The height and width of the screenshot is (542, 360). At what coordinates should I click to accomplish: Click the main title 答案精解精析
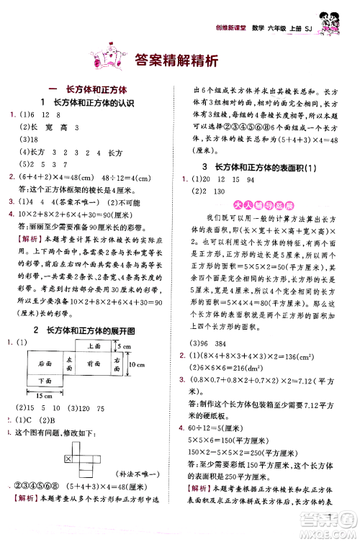[x=176, y=62]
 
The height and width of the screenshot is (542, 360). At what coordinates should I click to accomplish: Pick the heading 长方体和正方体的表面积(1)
[x=262, y=167]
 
